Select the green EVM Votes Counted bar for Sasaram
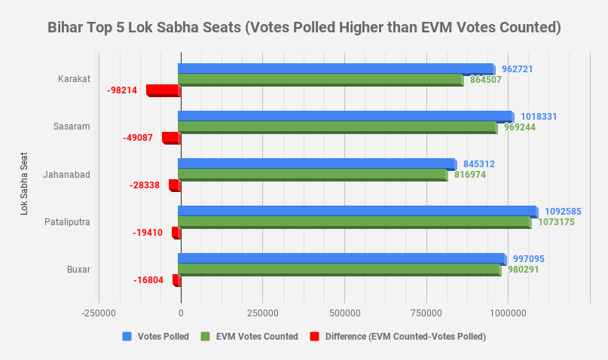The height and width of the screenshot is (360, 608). point(337,127)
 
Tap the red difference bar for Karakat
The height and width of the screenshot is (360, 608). point(162,90)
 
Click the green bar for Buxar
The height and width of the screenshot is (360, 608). point(339,270)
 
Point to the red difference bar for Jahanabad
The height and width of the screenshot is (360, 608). point(173,185)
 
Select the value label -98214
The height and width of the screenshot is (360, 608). point(123,90)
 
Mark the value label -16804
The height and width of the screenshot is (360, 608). point(148,280)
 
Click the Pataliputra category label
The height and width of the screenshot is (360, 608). point(68,221)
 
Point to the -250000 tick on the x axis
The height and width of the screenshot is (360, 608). point(99,312)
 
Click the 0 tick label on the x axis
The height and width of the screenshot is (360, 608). point(181,312)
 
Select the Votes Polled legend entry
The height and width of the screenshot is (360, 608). point(155,337)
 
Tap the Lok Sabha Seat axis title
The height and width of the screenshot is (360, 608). point(25,184)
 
